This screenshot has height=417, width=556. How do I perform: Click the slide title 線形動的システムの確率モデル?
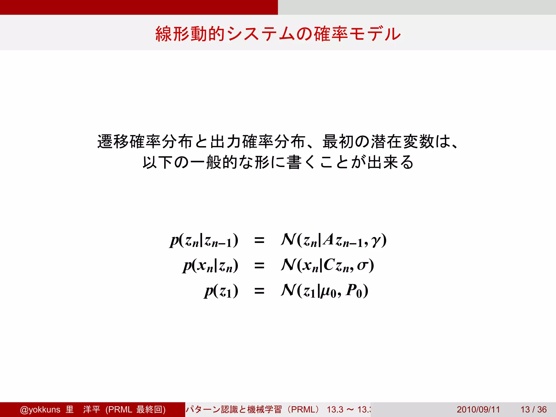[278, 34]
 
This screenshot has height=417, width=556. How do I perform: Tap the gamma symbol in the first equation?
[376, 241]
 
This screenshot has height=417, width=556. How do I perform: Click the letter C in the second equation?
[329, 264]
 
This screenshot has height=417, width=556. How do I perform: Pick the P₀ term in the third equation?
[354, 291]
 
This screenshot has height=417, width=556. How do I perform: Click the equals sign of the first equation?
[259, 240]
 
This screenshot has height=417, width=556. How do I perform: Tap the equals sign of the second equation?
[259, 265]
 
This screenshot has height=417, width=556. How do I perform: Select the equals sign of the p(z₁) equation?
[259, 291]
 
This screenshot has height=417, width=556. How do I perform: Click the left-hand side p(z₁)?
[221, 291]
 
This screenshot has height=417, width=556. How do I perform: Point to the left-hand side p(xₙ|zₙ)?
[211, 266]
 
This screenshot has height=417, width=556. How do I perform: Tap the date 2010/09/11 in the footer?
[478, 409]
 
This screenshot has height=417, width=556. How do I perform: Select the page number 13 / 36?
[533, 409]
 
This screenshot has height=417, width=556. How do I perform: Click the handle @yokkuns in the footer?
[40, 409]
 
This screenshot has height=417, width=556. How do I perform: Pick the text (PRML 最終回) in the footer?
[135, 409]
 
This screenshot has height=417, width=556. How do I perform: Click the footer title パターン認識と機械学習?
[234, 409]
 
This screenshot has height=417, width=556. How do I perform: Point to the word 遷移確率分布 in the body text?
[145, 142]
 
